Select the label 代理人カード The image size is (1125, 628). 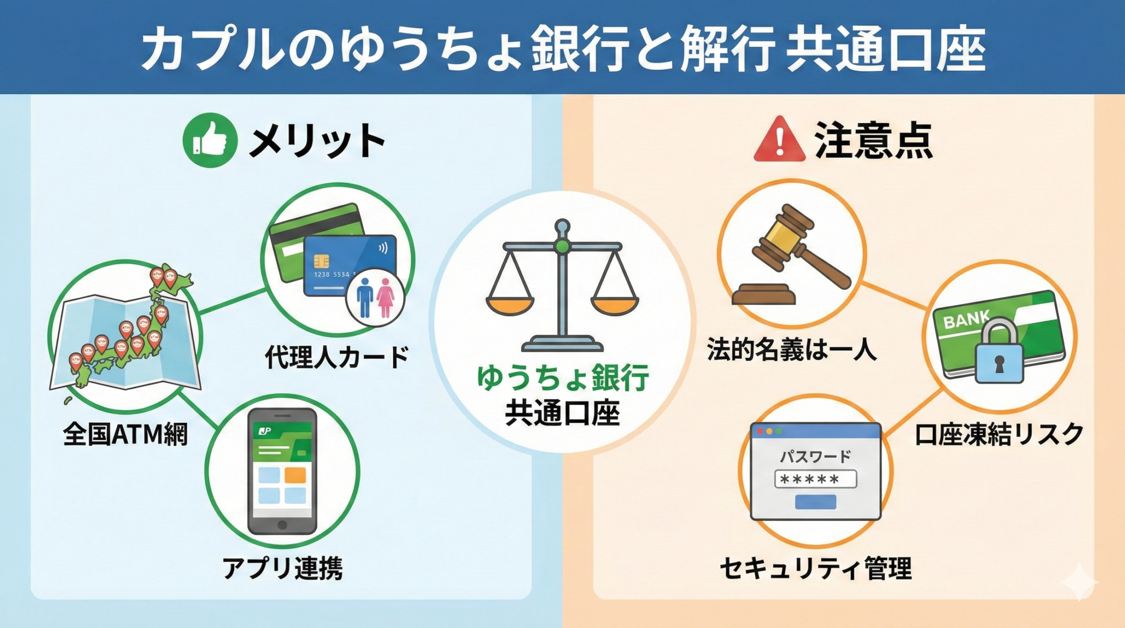click(337, 357)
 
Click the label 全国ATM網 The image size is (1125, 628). click(125, 435)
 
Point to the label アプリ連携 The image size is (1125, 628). click(283, 568)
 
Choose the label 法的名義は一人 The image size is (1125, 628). click(792, 350)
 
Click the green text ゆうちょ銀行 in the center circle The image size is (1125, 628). click(562, 378)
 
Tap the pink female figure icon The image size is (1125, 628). click(385, 298)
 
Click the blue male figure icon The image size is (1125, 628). click(365, 298)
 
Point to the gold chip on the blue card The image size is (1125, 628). click(322, 261)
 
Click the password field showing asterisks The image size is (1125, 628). click(816, 479)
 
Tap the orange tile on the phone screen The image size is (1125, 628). click(295, 475)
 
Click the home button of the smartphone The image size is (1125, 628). click(282, 524)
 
